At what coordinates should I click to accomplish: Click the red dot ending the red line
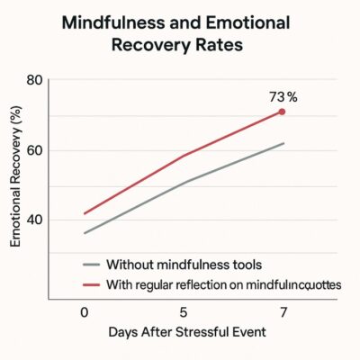point(282,112)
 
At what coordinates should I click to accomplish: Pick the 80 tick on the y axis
point(34,80)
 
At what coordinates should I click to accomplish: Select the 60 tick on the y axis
point(34,150)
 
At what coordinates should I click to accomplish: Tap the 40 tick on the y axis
point(34,220)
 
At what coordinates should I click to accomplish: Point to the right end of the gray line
point(284,144)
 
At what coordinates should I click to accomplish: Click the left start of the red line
point(85,214)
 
